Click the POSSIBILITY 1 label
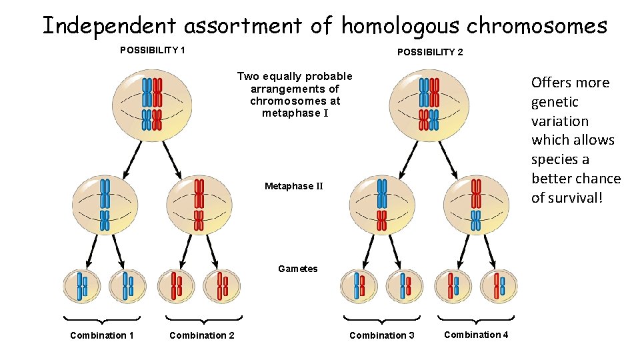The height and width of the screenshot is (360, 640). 152,50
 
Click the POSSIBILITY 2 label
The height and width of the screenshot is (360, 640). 430,52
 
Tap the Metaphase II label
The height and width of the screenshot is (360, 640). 293,186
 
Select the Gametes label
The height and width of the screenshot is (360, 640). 297,269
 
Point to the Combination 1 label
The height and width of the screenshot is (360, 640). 102,335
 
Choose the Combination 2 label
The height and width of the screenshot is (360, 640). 202,335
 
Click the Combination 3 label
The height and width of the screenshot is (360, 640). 382,335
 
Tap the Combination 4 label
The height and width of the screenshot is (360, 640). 476,335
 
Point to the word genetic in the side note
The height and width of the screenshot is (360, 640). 555,102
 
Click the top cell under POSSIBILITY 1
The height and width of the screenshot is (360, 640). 152,105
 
